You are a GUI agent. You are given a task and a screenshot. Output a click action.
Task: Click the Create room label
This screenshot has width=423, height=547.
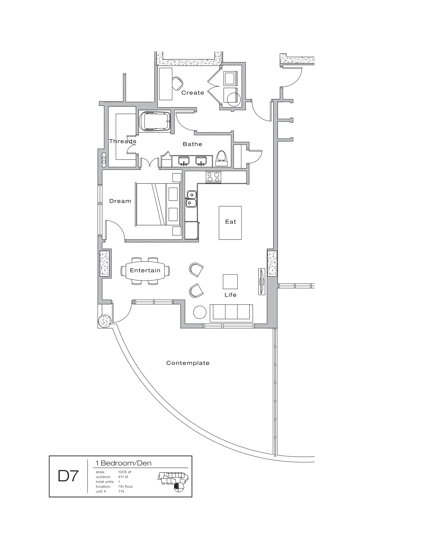pos(192,93)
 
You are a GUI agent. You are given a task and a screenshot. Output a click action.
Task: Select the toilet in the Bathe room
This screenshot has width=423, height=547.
pos(221,158)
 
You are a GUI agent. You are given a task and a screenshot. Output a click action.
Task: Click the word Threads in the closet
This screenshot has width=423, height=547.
pos(122,141)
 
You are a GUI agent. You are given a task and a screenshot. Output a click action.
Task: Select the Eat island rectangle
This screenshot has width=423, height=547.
pos(230,223)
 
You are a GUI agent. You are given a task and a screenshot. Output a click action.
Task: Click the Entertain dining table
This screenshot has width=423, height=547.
pos(145,271)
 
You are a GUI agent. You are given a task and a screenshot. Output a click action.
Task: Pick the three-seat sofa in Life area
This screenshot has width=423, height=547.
pos(231,313)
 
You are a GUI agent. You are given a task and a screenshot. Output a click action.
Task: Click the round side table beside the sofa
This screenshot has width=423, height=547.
pos(200,312)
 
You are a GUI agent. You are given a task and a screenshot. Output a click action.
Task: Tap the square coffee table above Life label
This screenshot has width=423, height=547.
pos(230,281)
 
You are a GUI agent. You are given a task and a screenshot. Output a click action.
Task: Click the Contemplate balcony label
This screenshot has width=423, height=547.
pos(188,363)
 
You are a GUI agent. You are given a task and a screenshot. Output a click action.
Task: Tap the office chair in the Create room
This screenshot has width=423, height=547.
pos(178,83)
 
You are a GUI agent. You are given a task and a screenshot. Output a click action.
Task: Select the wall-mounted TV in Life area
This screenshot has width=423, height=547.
pos(262,281)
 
